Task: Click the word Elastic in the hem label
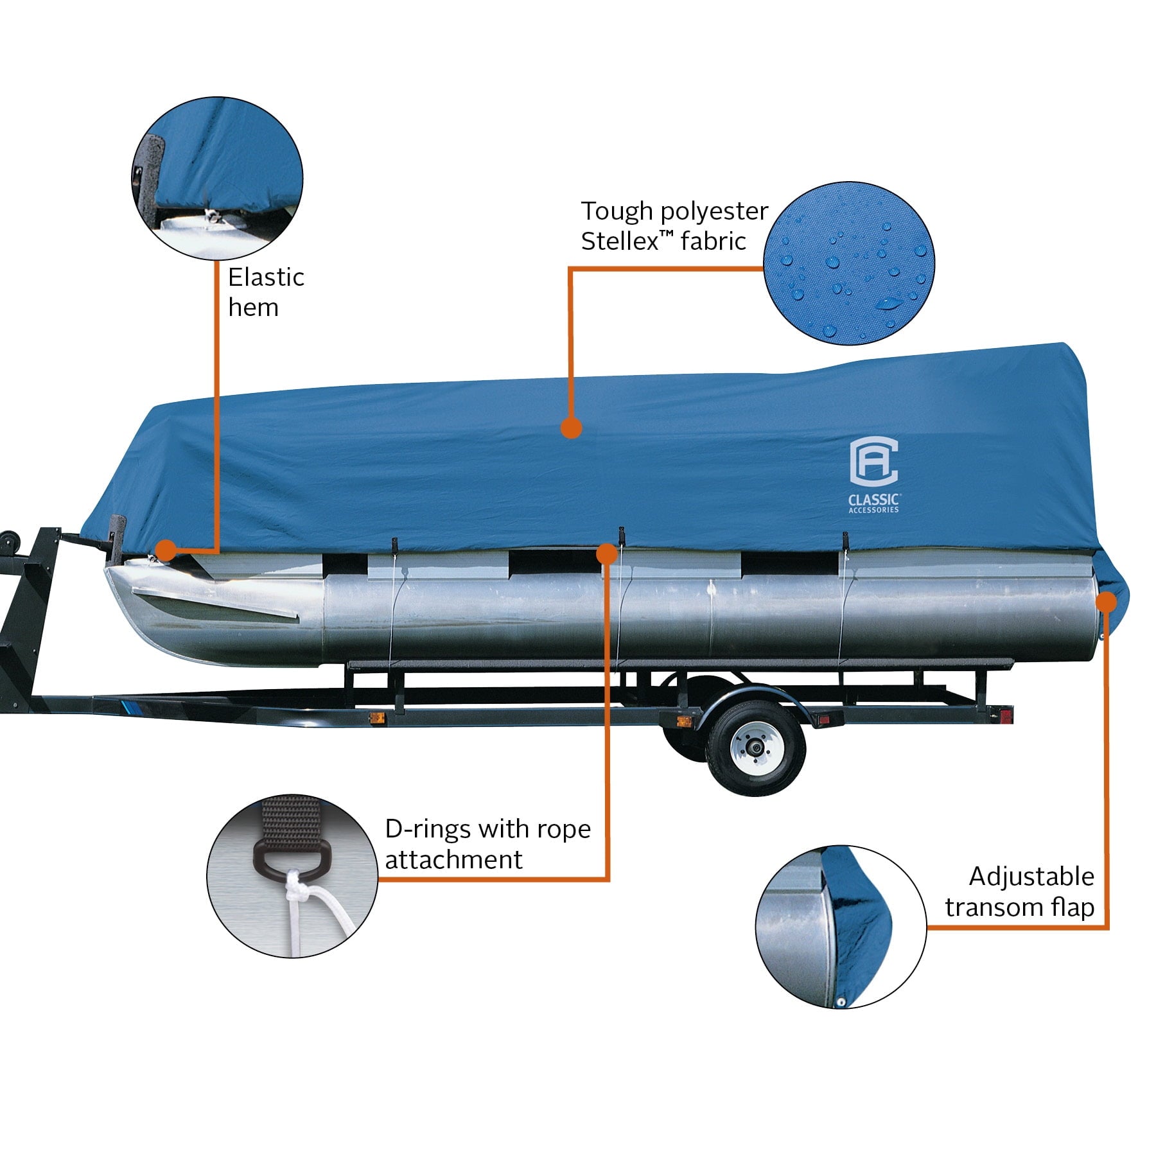(x=266, y=277)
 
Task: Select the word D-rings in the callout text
(x=425, y=829)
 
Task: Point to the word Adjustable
(x=1031, y=876)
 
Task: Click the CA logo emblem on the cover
(x=873, y=462)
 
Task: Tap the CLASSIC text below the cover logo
(x=873, y=499)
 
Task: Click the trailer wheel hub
(x=755, y=748)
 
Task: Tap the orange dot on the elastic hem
(x=166, y=550)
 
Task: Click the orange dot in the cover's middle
(x=571, y=428)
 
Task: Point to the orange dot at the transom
(x=1106, y=601)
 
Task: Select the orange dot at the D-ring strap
(x=606, y=553)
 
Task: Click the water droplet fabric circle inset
(x=849, y=263)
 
